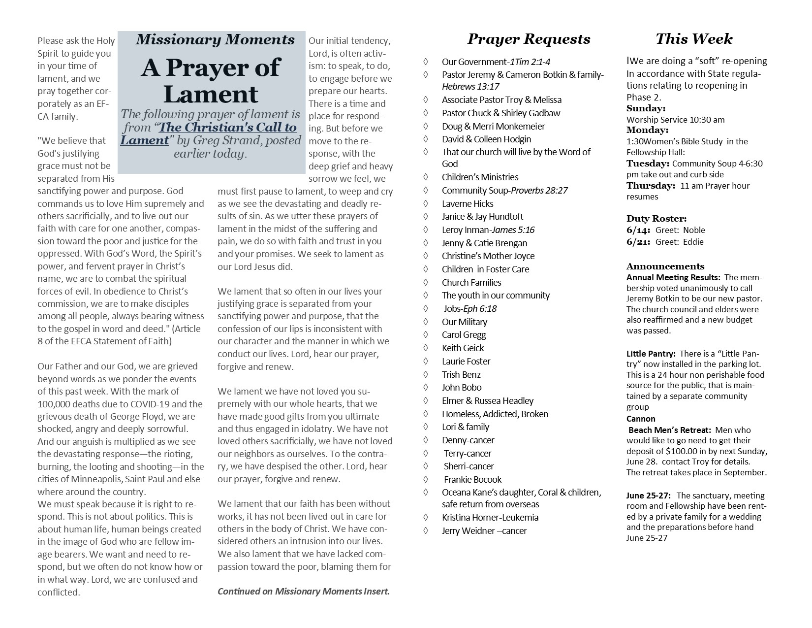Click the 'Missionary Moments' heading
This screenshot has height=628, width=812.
[215, 40]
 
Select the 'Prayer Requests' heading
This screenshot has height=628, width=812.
[529, 39]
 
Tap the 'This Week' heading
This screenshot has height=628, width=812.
[694, 39]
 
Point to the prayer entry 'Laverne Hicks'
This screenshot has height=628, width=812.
[467, 203]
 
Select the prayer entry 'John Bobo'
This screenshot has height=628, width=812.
[461, 388]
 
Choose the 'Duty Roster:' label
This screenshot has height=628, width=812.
[656, 219]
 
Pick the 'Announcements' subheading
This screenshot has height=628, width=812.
[665, 266]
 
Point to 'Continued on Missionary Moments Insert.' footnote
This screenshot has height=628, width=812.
[303, 592]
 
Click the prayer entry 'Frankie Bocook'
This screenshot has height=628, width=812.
[472, 480]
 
